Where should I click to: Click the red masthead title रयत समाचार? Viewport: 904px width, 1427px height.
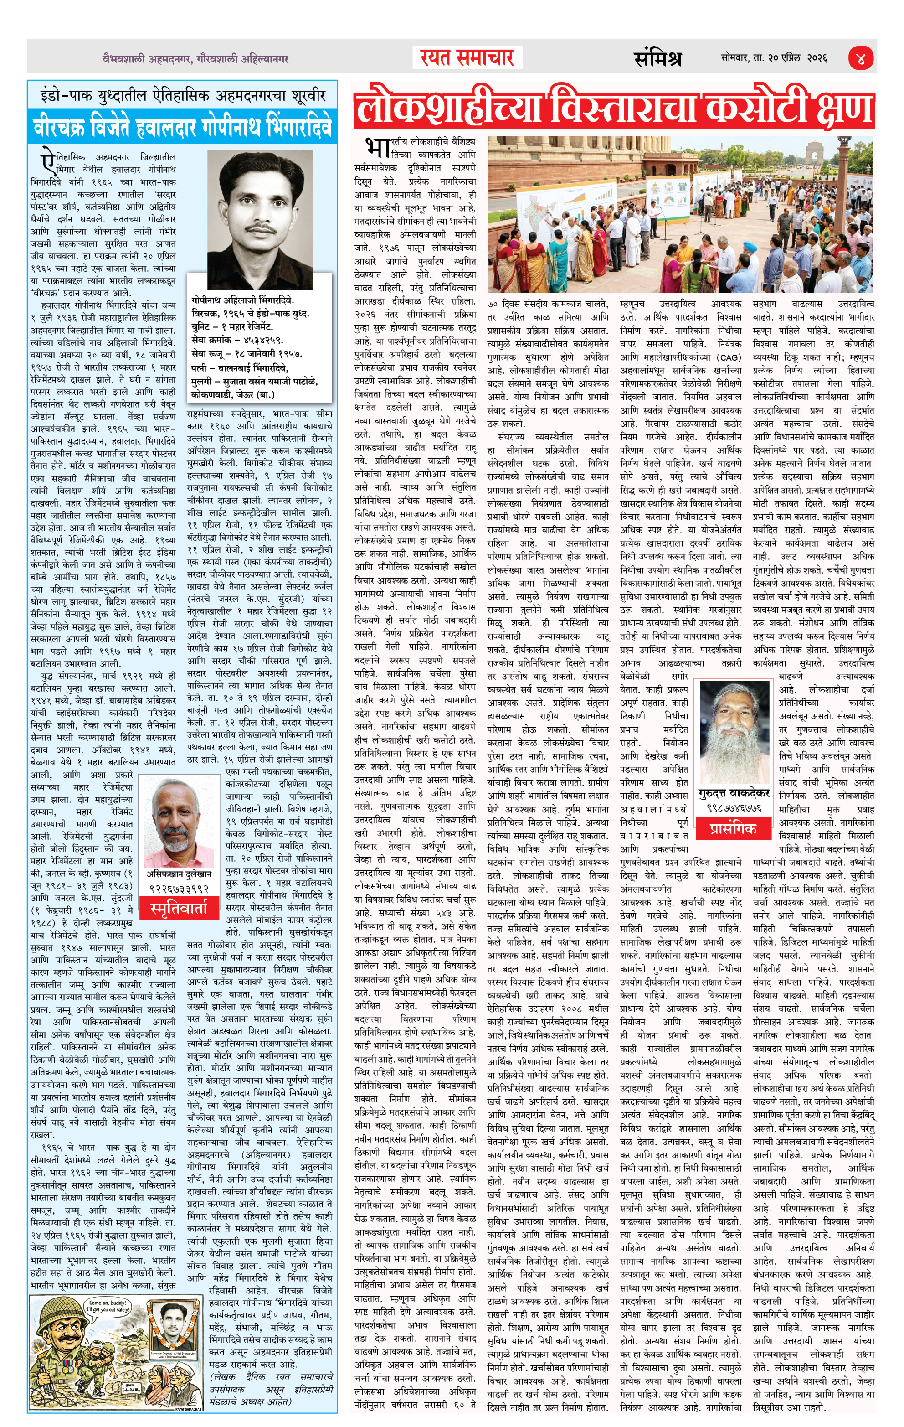click(x=467, y=57)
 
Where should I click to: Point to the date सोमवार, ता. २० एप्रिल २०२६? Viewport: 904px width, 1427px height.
click(x=774, y=58)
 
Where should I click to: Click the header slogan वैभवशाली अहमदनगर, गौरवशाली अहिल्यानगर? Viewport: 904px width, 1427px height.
click(x=195, y=59)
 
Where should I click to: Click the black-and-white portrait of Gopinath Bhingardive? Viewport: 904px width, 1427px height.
click(x=260, y=212)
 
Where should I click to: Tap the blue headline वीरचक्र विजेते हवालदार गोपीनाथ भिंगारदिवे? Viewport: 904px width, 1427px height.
click(x=182, y=127)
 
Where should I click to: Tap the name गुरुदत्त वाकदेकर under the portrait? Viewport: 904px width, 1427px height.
click(x=734, y=793)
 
